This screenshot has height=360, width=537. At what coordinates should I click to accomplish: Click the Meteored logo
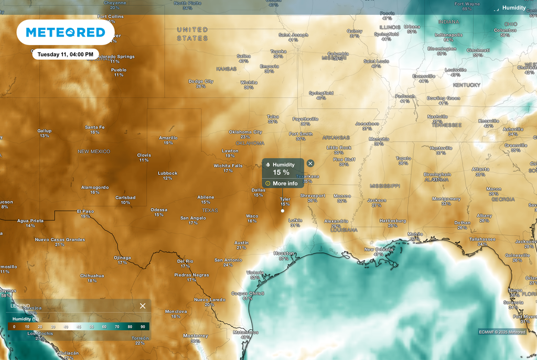[x=66, y=32]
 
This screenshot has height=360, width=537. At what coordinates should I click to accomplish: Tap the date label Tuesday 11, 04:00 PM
[x=66, y=54]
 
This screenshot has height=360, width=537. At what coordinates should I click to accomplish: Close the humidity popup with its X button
[x=310, y=164]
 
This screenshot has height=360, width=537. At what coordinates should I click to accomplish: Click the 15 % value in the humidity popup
[x=281, y=172]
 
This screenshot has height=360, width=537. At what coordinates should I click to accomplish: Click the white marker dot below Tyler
[x=283, y=211]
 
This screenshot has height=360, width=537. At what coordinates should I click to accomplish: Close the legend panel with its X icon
[x=143, y=306]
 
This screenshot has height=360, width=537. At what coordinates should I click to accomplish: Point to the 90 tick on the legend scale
[x=143, y=326]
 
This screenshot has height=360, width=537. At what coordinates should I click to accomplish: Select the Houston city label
[x=284, y=253]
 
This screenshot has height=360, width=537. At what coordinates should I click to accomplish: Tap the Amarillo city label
[x=168, y=138]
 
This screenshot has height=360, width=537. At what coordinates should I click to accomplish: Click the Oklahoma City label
[x=245, y=132]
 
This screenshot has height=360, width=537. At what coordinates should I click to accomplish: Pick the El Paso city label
[x=85, y=211]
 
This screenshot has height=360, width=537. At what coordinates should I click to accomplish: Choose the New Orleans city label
[x=378, y=249]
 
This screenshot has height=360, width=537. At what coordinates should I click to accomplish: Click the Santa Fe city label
[x=95, y=127]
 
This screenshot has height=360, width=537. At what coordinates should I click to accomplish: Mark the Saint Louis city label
[x=376, y=61]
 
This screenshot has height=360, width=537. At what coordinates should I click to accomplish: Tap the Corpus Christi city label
[x=247, y=293]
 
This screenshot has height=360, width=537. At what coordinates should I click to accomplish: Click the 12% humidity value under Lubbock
[x=167, y=178]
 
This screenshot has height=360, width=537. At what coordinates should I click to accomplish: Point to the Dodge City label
[x=201, y=81]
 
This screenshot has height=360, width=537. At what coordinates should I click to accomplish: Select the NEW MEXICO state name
[x=94, y=151]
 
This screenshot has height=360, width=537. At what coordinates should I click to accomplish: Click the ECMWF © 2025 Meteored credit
[x=502, y=332]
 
